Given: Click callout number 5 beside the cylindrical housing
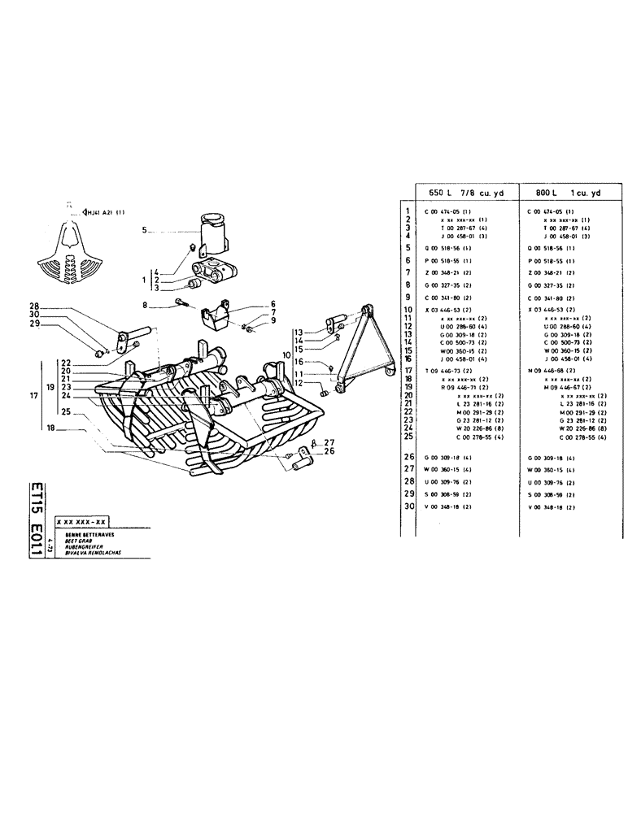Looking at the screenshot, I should pyautogui.click(x=144, y=230).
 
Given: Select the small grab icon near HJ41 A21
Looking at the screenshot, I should pyautogui.click(x=71, y=247).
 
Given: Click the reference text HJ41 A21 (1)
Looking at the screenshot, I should pyautogui.click(x=104, y=213).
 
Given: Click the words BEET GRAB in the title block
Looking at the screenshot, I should pyautogui.click(x=68, y=538).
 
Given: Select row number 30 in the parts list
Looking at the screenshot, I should pyautogui.click(x=408, y=506).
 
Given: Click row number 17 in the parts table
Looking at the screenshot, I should pyautogui.click(x=408, y=371).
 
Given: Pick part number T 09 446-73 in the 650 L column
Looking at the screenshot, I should pyautogui.click(x=446, y=371).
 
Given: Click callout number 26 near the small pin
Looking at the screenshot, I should pyautogui.click(x=329, y=453).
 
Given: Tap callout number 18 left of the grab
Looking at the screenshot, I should pyautogui.click(x=51, y=427).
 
